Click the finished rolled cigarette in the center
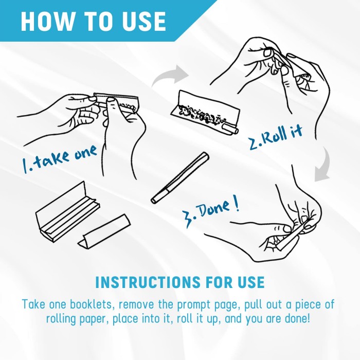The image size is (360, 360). point(180,177)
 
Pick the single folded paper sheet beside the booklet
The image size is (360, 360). point(104,232)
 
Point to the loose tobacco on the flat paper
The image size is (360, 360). point(202,114)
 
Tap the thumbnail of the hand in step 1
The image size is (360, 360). point(112,100)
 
